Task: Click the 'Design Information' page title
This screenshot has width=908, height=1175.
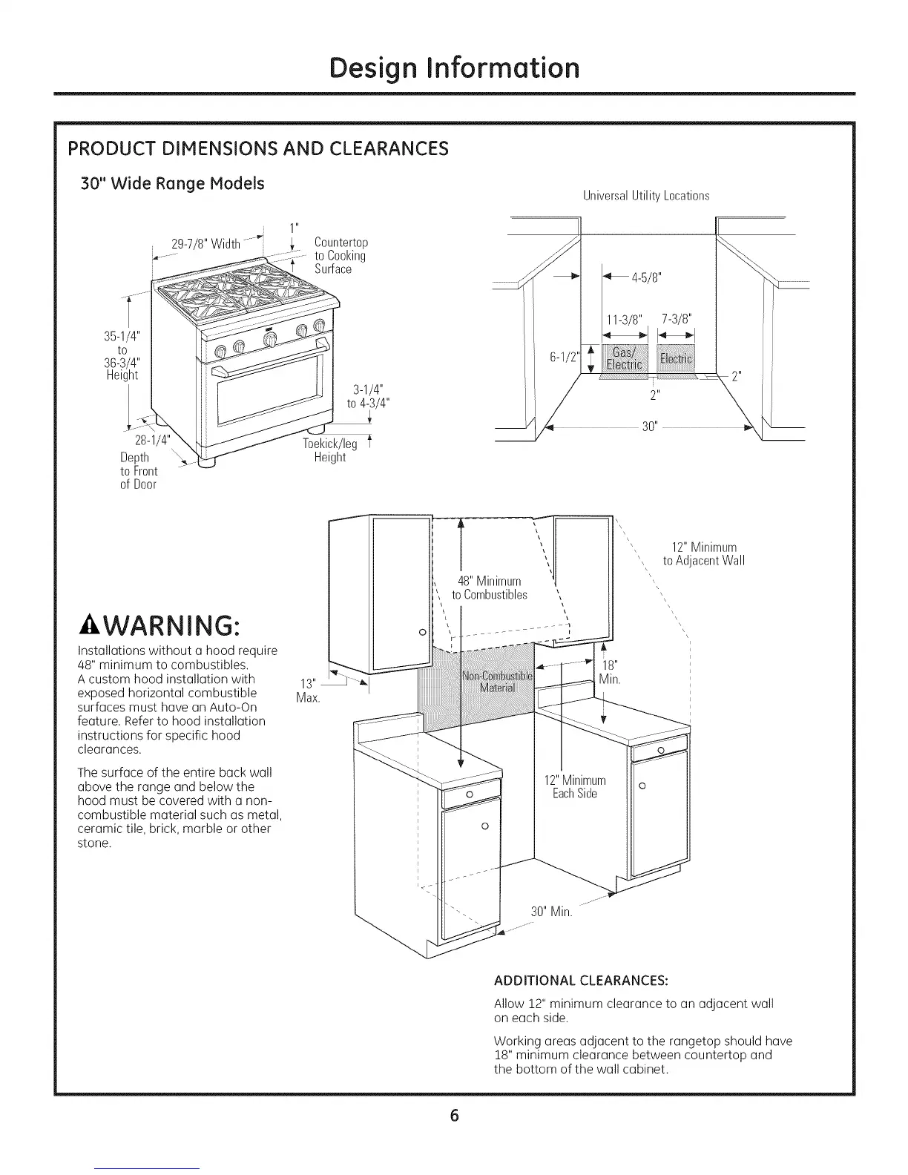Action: click(x=454, y=68)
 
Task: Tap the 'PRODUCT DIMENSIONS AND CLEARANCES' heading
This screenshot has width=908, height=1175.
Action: click(x=258, y=148)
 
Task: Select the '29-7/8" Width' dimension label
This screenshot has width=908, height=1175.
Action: click(x=205, y=244)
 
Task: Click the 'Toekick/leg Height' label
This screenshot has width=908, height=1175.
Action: click(x=330, y=450)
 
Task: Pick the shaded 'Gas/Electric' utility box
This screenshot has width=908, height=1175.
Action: click(x=624, y=358)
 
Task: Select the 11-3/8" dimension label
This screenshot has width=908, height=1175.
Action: click(x=624, y=320)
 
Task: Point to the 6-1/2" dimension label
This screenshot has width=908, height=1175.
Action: click(x=563, y=357)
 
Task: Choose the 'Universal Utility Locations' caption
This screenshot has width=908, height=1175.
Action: click(x=646, y=196)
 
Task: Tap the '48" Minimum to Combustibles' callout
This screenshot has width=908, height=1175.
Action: click(x=490, y=587)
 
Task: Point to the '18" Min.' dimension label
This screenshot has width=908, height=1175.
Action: click(x=609, y=672)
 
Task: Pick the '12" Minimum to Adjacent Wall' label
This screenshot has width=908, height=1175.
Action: click(x=704, y=554)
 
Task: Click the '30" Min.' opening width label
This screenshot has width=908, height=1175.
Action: click(x=551, y=911)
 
